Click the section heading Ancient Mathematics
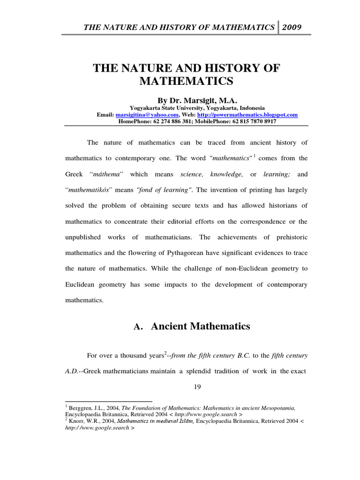pos(200,326)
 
